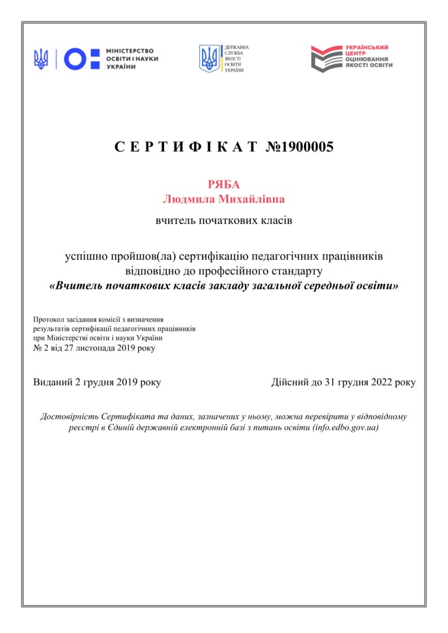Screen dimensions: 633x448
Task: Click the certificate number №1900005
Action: click(299, 147)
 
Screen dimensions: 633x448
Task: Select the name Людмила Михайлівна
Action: click(223, 199)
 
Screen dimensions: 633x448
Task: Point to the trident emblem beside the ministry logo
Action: click(42, 59)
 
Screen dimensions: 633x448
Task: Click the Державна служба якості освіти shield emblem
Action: click(210, 59)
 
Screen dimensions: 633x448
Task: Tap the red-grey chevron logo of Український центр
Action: click(326, 59)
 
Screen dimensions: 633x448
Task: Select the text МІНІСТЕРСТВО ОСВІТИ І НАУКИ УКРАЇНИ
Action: click(132, 59)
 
